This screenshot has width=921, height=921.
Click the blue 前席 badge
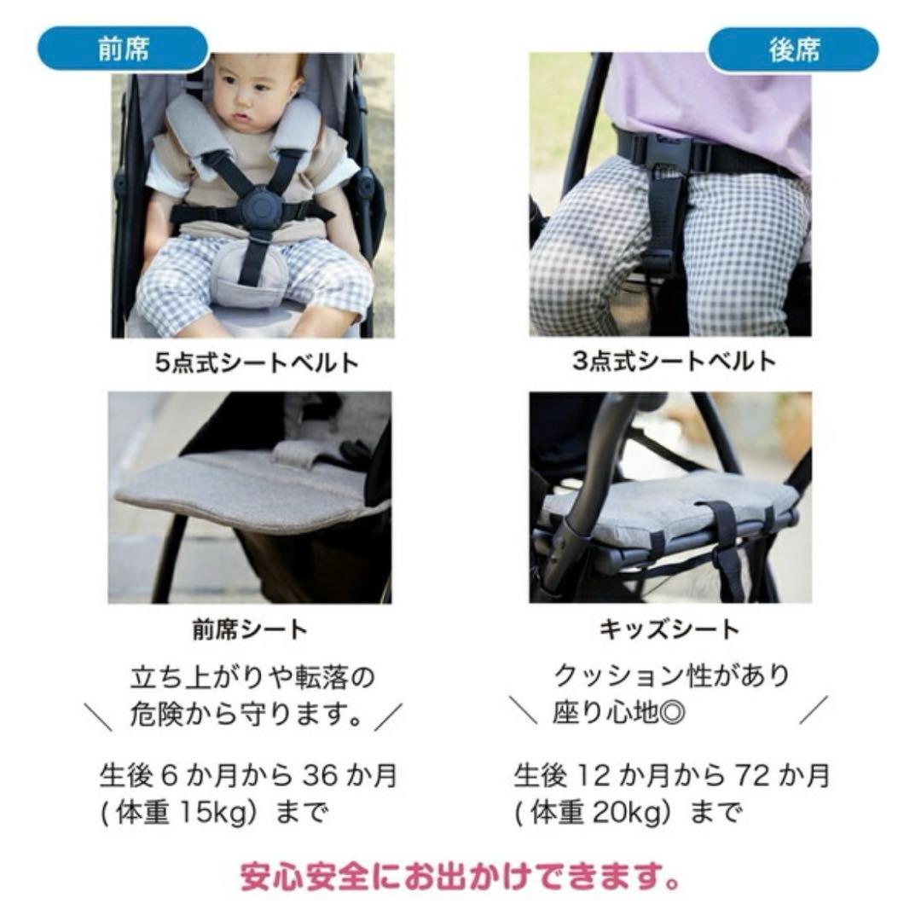tap(123, 49)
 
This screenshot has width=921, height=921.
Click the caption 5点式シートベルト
tap(257, 362)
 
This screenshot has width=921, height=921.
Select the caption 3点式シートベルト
tap(674, 361)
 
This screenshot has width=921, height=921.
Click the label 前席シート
tap(249, 630)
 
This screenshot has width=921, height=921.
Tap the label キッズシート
tap(670, 630)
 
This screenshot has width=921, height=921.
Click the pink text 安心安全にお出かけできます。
tap(460, 876)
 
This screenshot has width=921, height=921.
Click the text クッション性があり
tap(671, 676)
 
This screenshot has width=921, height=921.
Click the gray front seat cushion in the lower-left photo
tap(239, 490)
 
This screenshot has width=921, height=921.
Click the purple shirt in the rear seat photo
tap(716, 94)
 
